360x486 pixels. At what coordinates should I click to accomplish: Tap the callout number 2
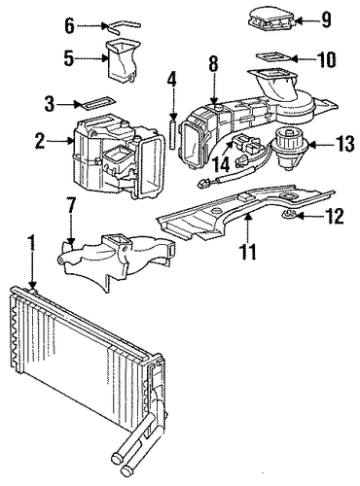pyautogui.click(x=40, y=140)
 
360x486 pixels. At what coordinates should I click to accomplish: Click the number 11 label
pyautogui.click(x=248, y=251)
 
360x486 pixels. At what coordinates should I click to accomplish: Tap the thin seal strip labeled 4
pyautogui.click(x=173, y=135)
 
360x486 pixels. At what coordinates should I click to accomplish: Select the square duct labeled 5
pyautogui.click(x=123, y=60)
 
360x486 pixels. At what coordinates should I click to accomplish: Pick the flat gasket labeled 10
pyautogui.click(x=274, y=57)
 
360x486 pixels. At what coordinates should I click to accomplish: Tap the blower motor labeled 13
pyautogui.click(x=287, y=150)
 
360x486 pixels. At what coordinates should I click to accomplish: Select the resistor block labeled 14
pyautogui.click(x=247, y=144)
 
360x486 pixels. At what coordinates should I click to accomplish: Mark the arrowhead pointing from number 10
pyautogui.click(x=294, y=58)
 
